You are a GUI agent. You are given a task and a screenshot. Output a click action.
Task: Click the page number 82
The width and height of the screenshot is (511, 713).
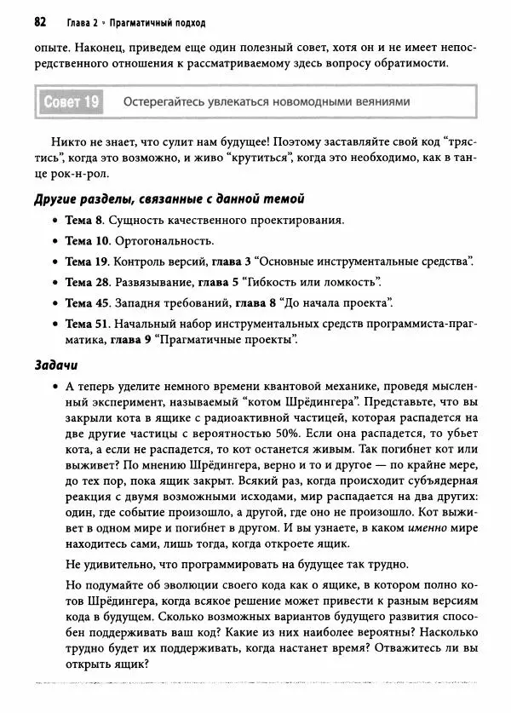[41, 20]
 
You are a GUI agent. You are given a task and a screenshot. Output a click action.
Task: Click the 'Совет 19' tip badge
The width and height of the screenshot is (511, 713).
[70, 103]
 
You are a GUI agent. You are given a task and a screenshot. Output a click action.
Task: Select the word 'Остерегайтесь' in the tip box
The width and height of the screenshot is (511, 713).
[165, 102]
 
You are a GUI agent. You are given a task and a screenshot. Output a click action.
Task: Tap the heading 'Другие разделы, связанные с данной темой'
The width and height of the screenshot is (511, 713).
[168, 198]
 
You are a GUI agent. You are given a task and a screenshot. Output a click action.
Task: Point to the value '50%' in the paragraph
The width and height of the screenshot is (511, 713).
[283, 433]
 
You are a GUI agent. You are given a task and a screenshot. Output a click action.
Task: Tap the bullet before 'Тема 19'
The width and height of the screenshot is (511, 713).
[55, 262]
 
